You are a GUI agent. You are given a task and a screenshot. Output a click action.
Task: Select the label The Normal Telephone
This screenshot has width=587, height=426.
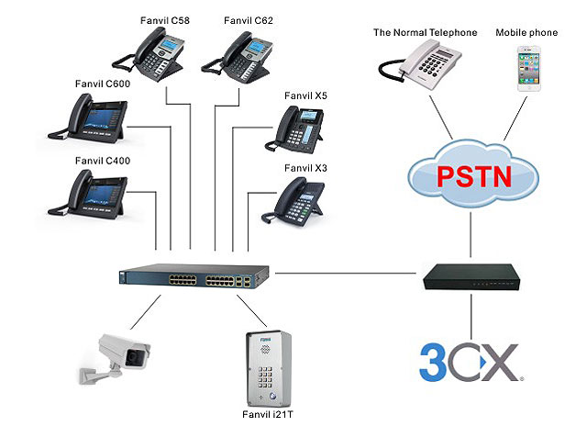(425, 32)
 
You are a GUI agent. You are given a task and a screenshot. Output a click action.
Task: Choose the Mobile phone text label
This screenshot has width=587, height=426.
(526, 32)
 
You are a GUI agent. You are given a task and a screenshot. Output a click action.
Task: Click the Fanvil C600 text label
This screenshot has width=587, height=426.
(102, 84)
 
